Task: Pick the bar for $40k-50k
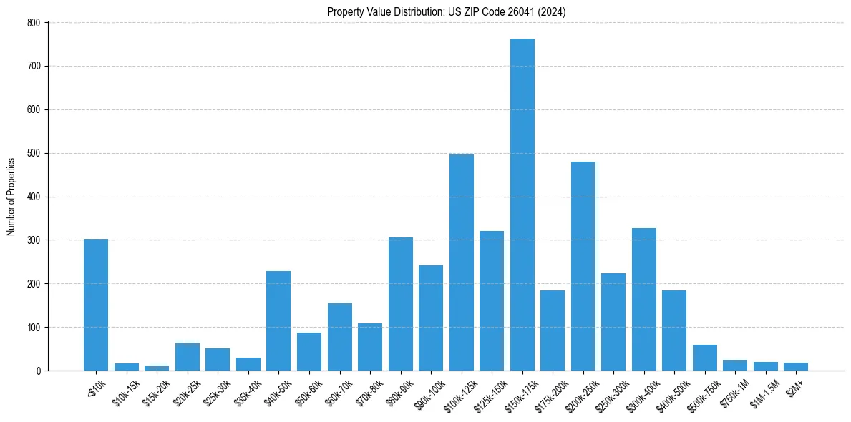pyautogui.click(x=278, y=320)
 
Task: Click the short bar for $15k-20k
pyautogui.click(x=157, y=368)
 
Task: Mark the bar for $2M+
pyautogui.click(x=795, y=366)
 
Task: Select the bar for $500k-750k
pyautogui.click(x=704, y=358)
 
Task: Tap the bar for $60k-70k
pyautogui.click(x=339, y=337)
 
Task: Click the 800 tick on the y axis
pyautogui.click(x=34, y=23)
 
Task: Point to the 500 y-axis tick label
pyautogui.click(x=34, y=153)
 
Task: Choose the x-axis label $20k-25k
pyautogui.click(x=185, y=392)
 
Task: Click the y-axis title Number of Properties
pyautogui.click(x=11, y=197)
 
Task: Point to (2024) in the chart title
pyautogui.click(x=552, y=11)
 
